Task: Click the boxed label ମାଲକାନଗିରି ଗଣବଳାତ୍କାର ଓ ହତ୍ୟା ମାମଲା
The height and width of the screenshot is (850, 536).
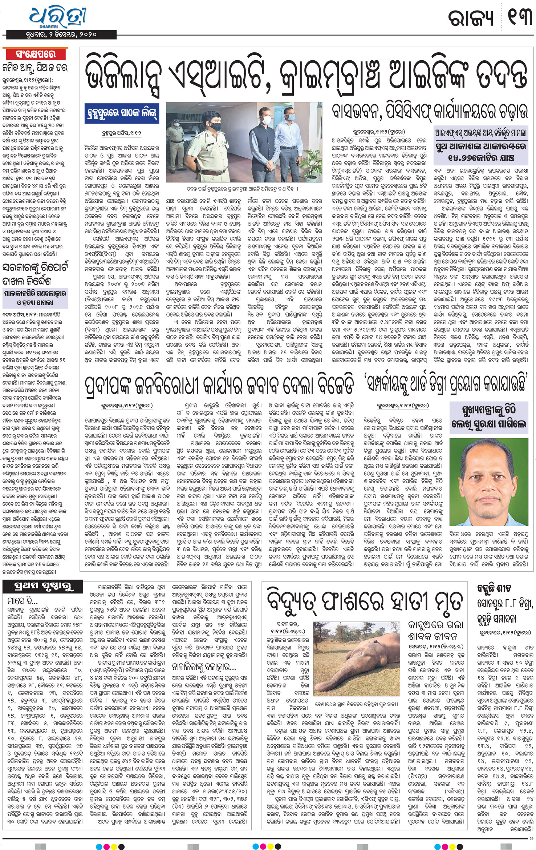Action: tap(35, 298)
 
